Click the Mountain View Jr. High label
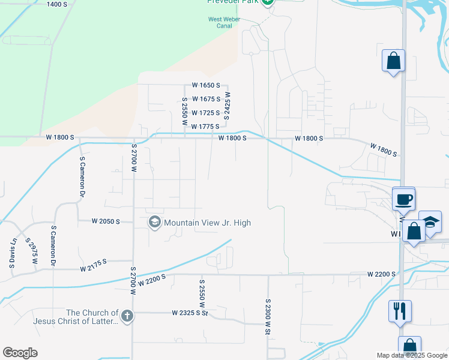click(x=207, y=223)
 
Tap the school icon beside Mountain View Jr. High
click(x=155, y=223)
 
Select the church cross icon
click(x=127, y=316)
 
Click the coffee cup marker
click(x=403, y=199)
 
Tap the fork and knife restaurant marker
click(x=400, y=311)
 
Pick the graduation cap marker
click(x=430, y=222)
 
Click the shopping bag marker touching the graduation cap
click(x=414, y=230)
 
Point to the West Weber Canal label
click(x=219, y=22)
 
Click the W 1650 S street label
click(x=206, y=86)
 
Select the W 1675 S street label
click(x=206, y=99)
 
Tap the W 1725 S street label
click(x=206, y=113)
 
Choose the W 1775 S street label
click(x=205, y=127)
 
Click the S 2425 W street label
click(x=228, y=106)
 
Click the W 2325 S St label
click(x=188, y=313)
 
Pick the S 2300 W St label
click(x=268, y=317)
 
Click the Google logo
click(x=20, y=352)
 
